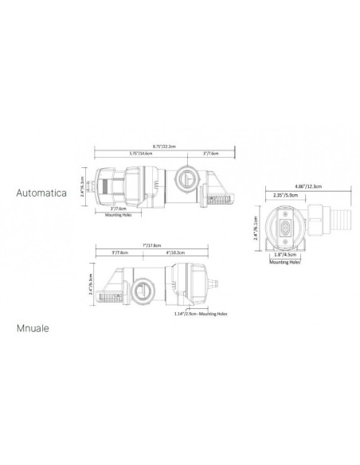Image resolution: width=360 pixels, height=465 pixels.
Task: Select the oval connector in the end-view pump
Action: (x=284, y=225)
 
